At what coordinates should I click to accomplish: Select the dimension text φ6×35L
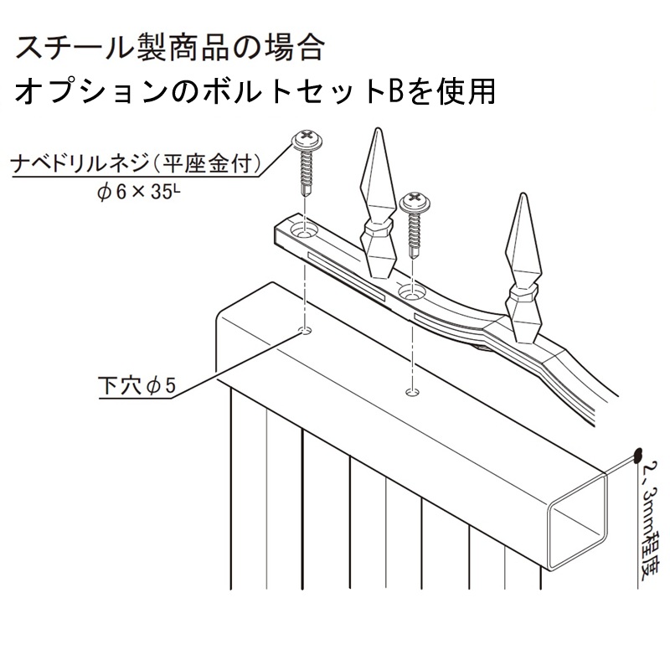point(139,192)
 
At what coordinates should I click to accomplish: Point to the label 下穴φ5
point(138,386)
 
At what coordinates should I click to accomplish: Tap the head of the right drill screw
point(416,200)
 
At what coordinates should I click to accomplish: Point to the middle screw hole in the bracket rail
point(410,292)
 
